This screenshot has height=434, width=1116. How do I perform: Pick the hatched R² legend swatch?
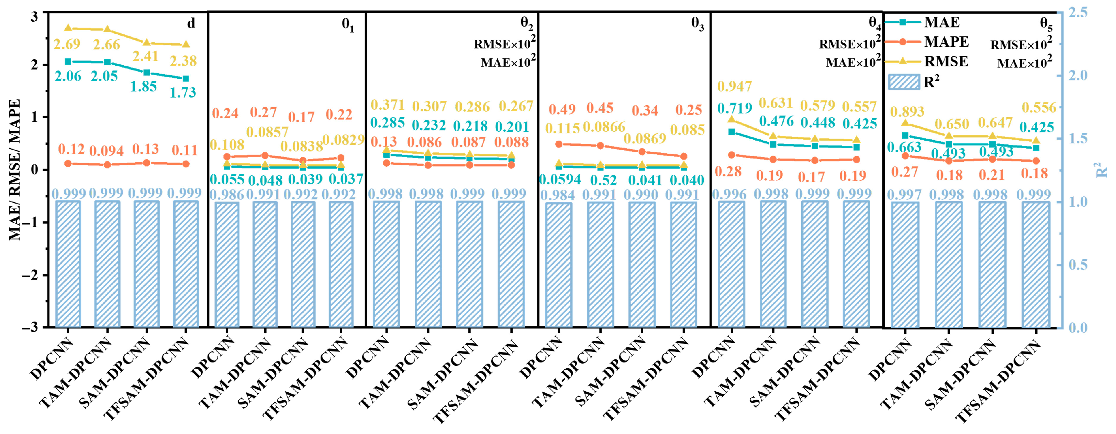(x=904, y=82)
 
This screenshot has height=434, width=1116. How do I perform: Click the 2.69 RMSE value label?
(x=67, y=44)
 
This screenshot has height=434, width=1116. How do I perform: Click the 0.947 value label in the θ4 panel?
(x=734, y=87)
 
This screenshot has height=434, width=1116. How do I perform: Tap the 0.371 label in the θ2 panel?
(x=387, y=105)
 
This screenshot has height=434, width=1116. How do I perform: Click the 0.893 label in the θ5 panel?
(x=907, y=112)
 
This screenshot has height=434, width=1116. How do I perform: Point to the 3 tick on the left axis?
(x=34, y=17)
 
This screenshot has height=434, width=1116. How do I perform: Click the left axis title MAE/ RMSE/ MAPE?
(x=15, y=170)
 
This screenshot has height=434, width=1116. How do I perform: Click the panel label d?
(x=191, y=23)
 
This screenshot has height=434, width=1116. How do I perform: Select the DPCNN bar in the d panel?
(x=68, y=264)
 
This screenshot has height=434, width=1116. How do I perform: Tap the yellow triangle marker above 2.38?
(x=186, y=44)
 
